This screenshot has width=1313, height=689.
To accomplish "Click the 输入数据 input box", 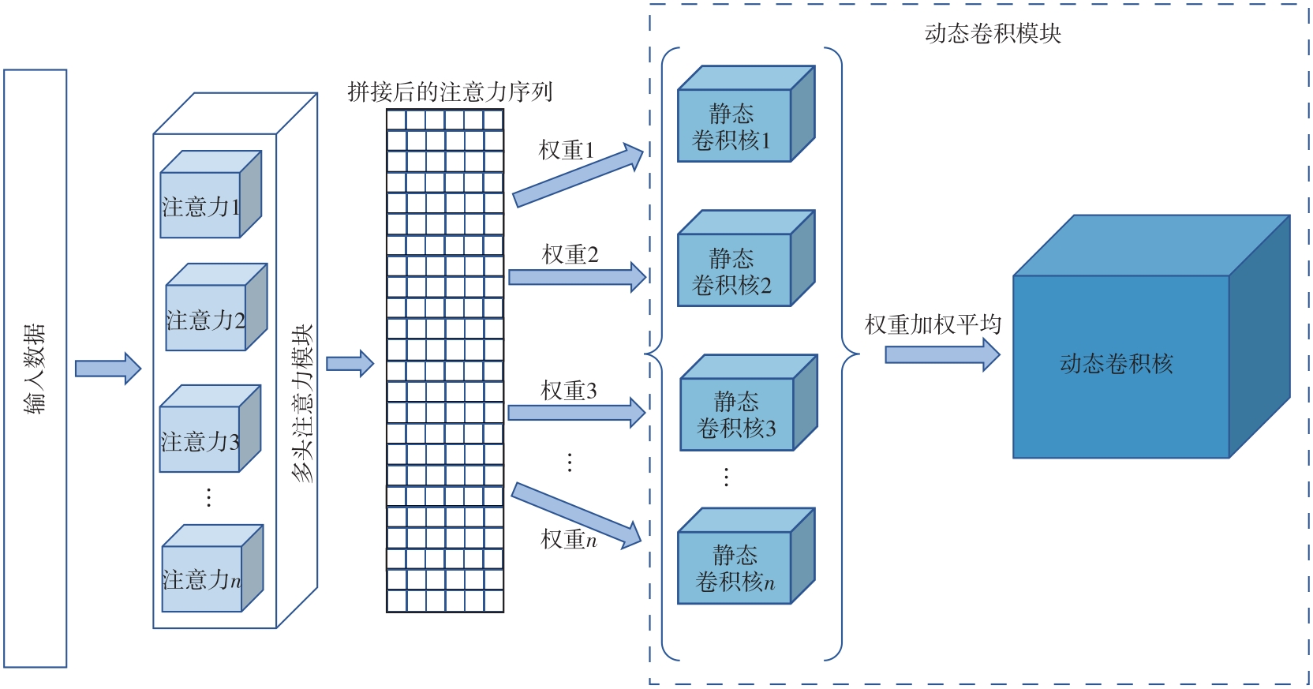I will coord(36,369).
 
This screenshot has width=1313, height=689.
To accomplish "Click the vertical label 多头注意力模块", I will coord(302,403).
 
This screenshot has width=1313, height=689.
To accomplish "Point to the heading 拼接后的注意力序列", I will coord(450,92).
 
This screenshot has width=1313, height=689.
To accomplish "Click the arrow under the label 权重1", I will coord(578,175).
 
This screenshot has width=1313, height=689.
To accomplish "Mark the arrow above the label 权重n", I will coord(576,515).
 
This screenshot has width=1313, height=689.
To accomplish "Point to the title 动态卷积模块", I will coord(993,34).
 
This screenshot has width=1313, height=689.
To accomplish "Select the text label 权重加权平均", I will coord(933,324).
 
